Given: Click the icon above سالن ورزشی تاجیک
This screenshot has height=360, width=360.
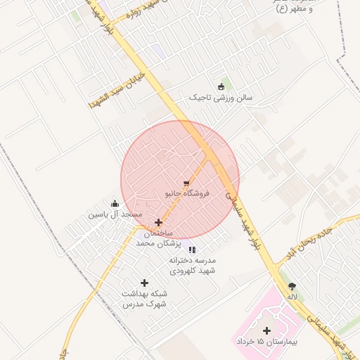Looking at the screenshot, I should tap(221, 86).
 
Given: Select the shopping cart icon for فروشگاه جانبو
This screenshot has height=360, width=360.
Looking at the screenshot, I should tap(186, 183).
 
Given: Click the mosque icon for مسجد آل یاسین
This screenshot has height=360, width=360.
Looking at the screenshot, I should tap(115, 204).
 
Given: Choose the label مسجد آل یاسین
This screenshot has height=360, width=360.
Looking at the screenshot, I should tap(115, 214).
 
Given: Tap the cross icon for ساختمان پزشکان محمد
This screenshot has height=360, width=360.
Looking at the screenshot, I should tap(158, 222).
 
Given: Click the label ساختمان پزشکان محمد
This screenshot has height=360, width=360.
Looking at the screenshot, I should tap(158, 238).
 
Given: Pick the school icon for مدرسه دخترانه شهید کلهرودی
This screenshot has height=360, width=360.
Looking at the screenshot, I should tap(192, 250).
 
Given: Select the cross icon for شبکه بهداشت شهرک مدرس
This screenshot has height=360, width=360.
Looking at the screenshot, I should tap(144, 283).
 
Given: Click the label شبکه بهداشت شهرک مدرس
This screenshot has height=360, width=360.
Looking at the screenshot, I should tap(143, 298).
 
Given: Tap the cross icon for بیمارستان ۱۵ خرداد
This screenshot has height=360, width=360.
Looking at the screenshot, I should tap(266, 330).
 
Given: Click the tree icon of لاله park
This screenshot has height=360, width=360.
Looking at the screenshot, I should tap(292, 286).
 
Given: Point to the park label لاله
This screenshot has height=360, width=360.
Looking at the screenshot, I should tap(292, 296).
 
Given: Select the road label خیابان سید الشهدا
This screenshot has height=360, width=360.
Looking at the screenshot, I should tap(117, 89).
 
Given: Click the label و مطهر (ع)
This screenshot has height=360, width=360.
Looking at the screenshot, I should tap(290, 9).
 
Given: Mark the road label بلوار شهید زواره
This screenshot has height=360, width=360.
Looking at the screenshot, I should tap(140, 13).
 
